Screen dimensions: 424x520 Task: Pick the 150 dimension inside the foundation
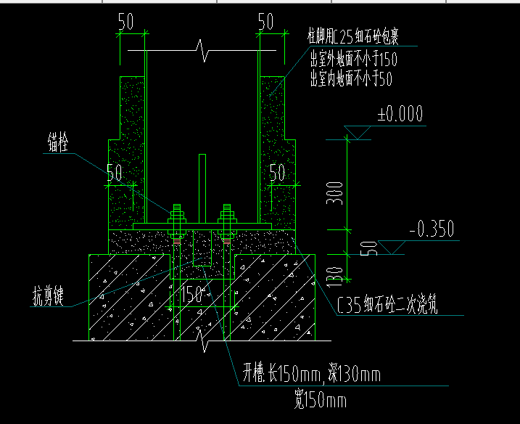[191, 294]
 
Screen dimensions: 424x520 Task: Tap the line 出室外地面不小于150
[353, 58]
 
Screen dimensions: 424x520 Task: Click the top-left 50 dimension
[125, 23]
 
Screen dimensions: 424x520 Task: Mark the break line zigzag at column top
[204, 53]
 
